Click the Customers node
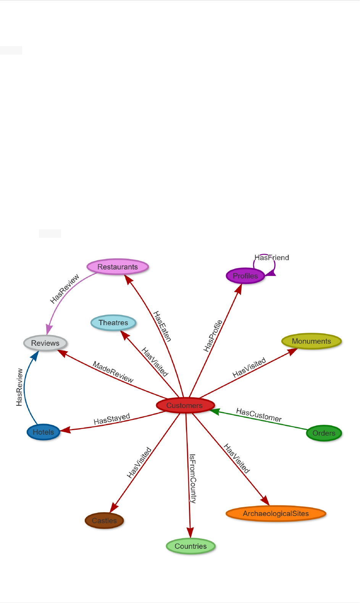point(185,405)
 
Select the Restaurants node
point(118,267)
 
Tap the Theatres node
point(113,323)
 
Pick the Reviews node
point(45,343)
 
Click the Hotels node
point(43,432)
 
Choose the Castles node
point(104,521)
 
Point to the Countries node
point(190,546)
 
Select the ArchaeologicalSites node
point(276,514)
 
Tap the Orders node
point(324,433)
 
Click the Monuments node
point(312,341)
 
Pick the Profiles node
point(245,276)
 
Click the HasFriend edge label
point(272,258)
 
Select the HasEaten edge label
point(162,326)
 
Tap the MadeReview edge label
point(113,372)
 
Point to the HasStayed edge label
point(112,419)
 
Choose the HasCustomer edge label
point(259,415)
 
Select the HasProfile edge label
point(213,335)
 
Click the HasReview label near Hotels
point(19,387)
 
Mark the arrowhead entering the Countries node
point(190,532)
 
